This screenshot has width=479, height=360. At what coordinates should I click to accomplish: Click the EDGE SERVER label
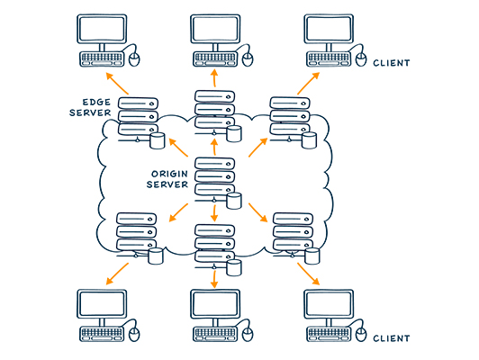tap(90, 107)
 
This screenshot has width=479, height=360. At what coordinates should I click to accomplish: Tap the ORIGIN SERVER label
tap(167, 179)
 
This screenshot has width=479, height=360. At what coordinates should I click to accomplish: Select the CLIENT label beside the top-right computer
tap(392, 63)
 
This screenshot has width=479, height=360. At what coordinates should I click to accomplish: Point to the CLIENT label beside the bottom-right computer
tap(392, 338)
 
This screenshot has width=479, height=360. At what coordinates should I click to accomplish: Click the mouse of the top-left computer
tap(134, 59)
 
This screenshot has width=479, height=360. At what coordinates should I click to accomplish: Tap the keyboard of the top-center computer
tap(215, 58)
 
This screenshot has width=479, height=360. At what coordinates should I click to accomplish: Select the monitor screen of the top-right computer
tap(329, 29)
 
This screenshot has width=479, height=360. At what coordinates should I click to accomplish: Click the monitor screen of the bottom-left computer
tap(102, 304)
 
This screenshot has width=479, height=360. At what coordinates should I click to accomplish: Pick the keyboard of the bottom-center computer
tap(215, 334)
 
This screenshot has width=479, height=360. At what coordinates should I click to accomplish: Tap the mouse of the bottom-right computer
tap(361, 335)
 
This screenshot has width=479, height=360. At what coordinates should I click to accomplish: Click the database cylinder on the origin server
tap(234, 201)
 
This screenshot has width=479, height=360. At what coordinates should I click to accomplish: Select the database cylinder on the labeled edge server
tap(158, 140)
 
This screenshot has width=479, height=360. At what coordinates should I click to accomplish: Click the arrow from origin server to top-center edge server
tap(214, 147)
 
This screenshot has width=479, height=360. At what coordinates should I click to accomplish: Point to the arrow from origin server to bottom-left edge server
tap(178, 212)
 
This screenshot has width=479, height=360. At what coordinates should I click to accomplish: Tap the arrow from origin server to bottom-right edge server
tap(258, 212)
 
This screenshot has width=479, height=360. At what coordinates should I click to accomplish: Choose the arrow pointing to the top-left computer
tap(117, 84)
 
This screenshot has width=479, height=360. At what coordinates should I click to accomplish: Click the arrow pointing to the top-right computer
tap(309, 84)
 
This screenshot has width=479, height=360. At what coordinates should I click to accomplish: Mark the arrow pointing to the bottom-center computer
tap(214, 279)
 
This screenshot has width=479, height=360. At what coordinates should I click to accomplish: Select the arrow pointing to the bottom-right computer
tap(309, 274)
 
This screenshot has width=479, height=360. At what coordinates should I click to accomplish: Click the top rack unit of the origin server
tap(215, 164)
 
